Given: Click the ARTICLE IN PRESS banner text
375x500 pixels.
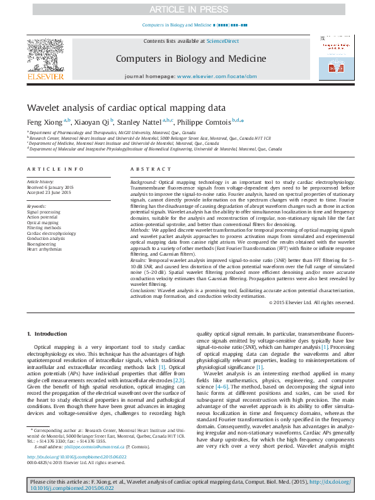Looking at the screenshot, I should (187, 9).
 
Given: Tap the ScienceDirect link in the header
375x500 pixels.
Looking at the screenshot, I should (223, 41).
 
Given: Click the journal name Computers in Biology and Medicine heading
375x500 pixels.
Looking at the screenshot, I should (190, 59).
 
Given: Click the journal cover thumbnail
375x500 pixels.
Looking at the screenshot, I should (333, 57).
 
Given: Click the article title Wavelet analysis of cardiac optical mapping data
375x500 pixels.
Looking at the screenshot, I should (126, 108).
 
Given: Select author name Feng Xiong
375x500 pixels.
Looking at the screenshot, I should (43, 122).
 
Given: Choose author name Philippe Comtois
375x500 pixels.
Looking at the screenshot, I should (204, 122).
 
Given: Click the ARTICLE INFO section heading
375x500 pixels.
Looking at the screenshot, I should (55, 169).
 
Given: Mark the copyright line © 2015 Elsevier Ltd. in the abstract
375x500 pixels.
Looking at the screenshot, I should (311, 302).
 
